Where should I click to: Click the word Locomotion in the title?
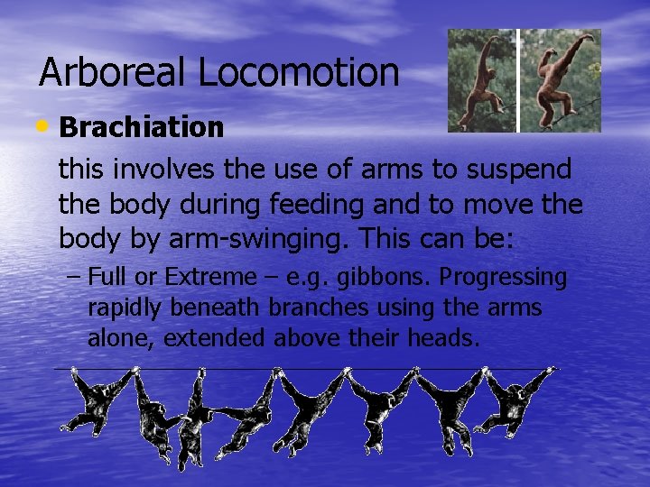(299, 73)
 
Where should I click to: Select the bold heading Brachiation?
(141, 128)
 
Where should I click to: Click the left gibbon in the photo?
(479, 81)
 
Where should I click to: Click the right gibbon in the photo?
(561, 81)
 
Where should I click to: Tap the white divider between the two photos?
(518, 81)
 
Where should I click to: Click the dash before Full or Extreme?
(72, 278)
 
